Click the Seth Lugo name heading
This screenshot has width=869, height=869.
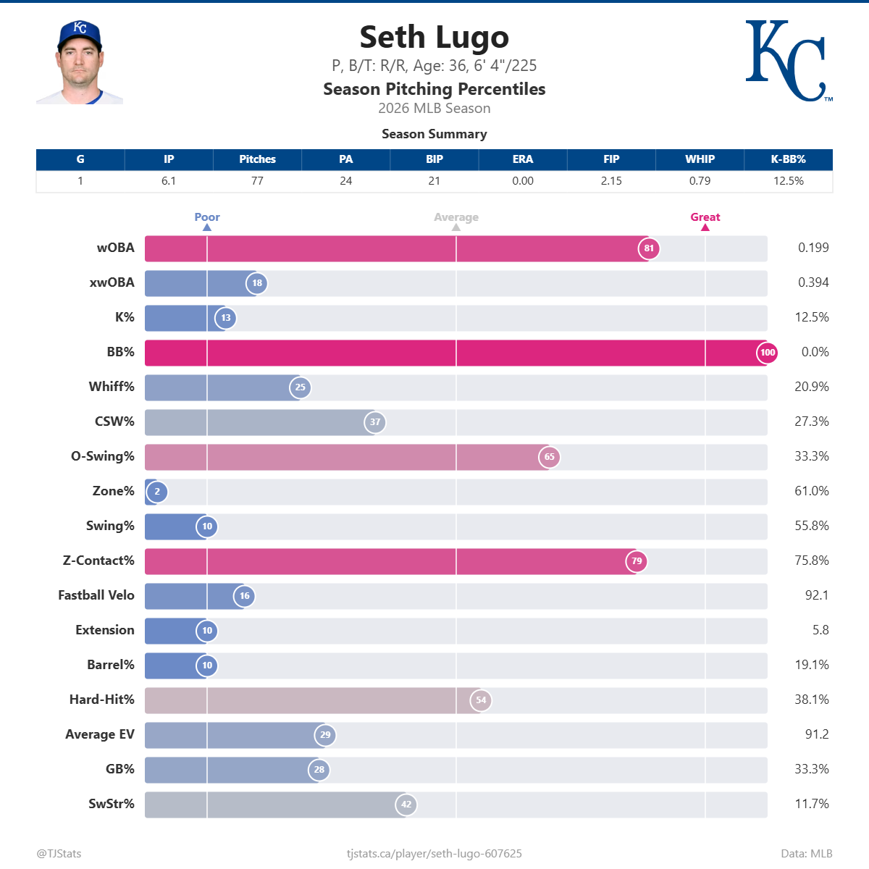pyautogui.click(x=434, y=38)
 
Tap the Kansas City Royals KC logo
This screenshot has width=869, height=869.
pyautogui.click(x=786, y=61)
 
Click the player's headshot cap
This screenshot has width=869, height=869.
pyautogui.click(x=80, y=33)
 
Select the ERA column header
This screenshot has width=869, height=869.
pyautogui.click(x=522, y=159)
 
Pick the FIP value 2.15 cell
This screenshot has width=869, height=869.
pyautogui.click(x=611, y=181)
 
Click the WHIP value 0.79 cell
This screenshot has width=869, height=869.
pyautogui.click(x=700, y=181)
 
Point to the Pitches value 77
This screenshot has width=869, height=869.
pyautogui.click(x=257, y=181)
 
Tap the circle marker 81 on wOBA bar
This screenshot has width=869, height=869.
pyautogui.click(x=649, y=248)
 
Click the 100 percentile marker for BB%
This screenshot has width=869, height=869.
pyautogui.click(x=767, y=353)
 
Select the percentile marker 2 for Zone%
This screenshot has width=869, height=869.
pyautogui.click(x=157, y=492)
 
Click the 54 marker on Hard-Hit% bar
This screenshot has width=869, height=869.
pyautogui.click(x=481, y=700)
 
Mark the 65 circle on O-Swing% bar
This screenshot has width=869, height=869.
pyautogui.click(x=549, y=457)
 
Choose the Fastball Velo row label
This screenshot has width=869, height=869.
pyautogui.click(x=96, y=595)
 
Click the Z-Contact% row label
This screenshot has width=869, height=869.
pyautogui.click(x=98, y=561)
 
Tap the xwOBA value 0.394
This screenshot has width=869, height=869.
pyautogui.click(x=813, y=282)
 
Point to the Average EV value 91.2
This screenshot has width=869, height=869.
pyautogui.click(x=816, y=734)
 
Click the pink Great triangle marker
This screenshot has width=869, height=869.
pyautogui.click(x=705, y=227)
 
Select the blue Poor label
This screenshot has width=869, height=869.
pyautogui.click(x=207, y=217)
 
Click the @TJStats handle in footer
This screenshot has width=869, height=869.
pyautogui.click(x=59, y=854)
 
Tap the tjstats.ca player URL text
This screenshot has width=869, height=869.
pyautogui.click(x=434, y=854)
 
